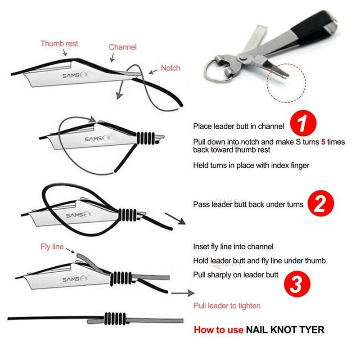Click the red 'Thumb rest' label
[x=59, y=44]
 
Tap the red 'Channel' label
[x=122, y=47]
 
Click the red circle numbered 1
[x=304, y=123]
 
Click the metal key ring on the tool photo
[x=216, y=72]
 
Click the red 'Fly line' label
[x=52, y=247]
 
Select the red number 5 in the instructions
[x=323, y=142]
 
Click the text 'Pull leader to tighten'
[x=227, y=306]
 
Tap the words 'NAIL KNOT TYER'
[x=285, y=330]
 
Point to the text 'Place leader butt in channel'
[x=238, y=126]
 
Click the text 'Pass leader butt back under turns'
[x=248, y=204]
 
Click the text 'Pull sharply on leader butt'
[x=236, y=274]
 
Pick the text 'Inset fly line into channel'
[x=233, y=247]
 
